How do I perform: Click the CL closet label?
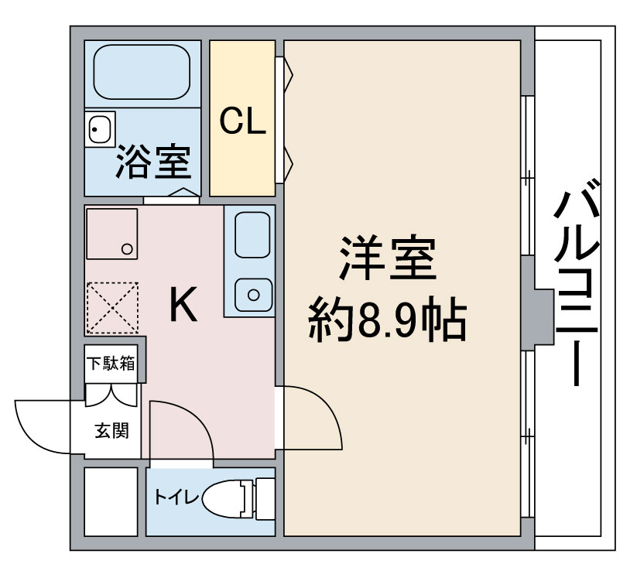(242, 121)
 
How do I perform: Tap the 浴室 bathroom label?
(153, 161)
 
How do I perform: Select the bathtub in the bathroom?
(142, 72)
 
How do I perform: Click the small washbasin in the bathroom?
(100, 129)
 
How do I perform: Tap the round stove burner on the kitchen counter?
(254, 295)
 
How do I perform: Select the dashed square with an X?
(113, 308)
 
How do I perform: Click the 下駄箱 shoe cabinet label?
(111, 364)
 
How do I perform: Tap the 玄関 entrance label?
(111, 430)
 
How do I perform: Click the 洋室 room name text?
(388, 258)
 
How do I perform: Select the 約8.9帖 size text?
(387, 320)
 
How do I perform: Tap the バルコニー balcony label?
(577, 282)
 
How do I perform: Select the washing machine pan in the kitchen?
(112, 234)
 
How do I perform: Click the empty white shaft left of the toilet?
(111, 501)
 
